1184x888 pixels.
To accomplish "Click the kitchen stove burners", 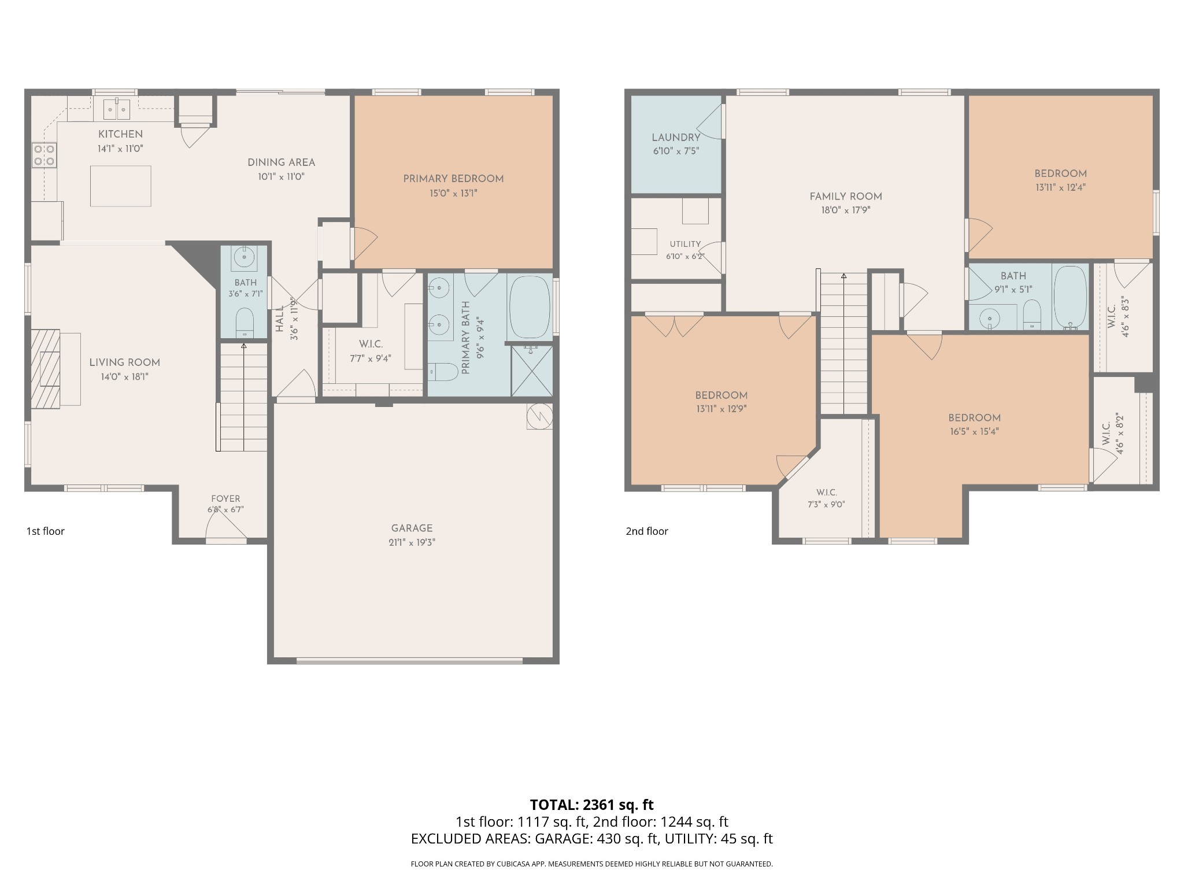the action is click(x=45, y=154).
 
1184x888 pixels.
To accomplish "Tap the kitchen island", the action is click(x=121, y=186).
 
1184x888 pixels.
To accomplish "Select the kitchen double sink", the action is click(x=116, y=109).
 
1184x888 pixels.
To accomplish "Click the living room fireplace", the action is click(x=46, y=369).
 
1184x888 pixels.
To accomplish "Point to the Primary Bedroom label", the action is click(x=453, y=179).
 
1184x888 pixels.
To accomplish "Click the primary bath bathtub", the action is click(x=530, y=307).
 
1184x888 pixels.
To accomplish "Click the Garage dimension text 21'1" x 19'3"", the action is click(x=412, y=542).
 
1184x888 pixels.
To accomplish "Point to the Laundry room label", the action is click(x=676, y=138).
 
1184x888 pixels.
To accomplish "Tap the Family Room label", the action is click(x=846, y=197).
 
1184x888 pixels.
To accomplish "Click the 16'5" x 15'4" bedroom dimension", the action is click(x=974, y=431).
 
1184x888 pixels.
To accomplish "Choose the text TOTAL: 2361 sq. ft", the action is click(x=591, y=805).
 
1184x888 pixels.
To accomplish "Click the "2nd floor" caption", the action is click(x=647, y=531).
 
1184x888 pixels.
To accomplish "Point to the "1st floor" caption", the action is click(x=45, y=531).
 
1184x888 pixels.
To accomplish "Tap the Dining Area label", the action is click(x=282, y=162).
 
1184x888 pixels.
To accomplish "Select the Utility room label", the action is click(x=685, y=245).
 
